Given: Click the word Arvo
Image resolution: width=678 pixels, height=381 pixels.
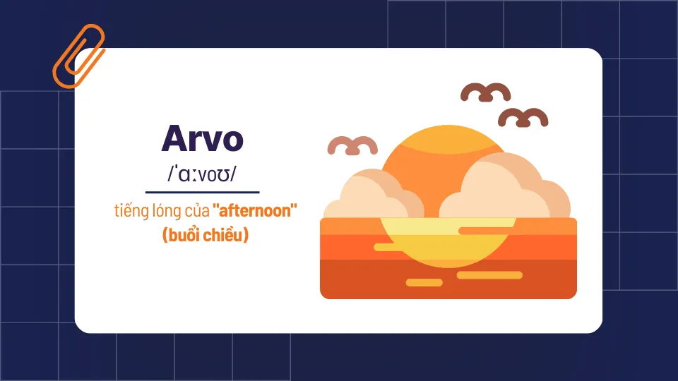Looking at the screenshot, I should coord(202,138).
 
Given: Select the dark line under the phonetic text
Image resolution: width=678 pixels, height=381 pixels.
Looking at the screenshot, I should coord(202,191).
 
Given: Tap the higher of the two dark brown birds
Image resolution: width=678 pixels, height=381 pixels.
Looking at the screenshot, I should coord(486,92).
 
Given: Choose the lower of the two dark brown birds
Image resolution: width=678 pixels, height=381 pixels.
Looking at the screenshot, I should coord(523,117).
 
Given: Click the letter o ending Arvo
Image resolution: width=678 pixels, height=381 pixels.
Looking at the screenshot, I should coord(231,140).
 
